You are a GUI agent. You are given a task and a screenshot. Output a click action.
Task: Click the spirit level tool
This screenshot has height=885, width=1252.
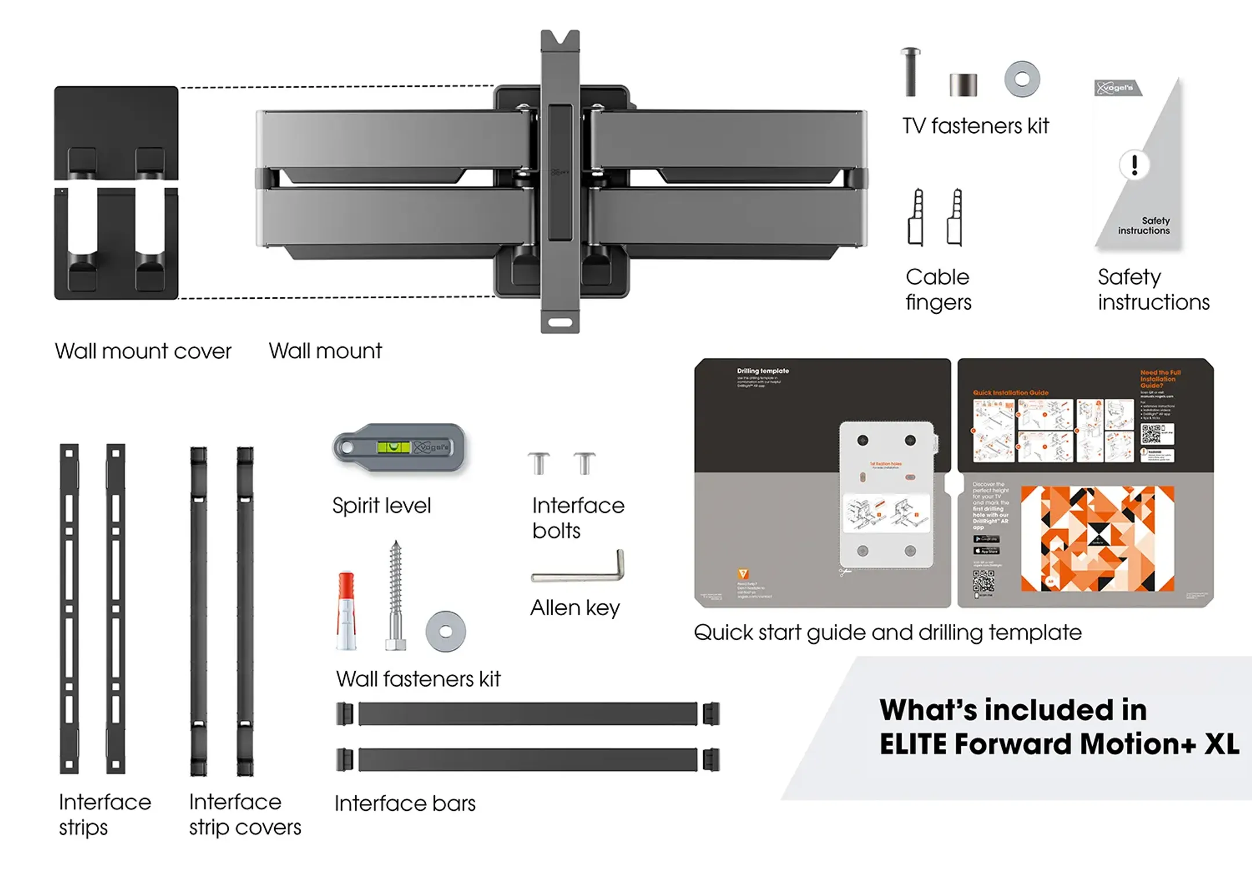coord(399,448)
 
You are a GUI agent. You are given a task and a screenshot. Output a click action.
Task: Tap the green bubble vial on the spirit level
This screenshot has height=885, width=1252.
coord(393,447)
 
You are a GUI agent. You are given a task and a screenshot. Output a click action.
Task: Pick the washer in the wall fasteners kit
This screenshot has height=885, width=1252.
coord(445,631)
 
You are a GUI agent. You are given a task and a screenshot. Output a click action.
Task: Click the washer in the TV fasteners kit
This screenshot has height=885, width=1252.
coord(1022,79)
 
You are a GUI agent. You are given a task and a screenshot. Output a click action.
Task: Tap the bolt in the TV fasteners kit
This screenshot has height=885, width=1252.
coord(911,72)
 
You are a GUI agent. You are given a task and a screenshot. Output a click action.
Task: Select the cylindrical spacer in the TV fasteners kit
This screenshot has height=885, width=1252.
coord(963,85)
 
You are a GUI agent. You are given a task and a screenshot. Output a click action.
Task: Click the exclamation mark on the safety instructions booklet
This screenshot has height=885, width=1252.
coord(1134,165)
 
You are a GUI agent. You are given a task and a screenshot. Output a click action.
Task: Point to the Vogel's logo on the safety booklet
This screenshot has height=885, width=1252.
coord(1117,88)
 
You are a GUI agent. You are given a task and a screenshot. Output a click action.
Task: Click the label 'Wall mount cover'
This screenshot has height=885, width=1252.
coord(143,351)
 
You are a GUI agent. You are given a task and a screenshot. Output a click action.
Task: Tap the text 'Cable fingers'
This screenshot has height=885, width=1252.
coord(938,290)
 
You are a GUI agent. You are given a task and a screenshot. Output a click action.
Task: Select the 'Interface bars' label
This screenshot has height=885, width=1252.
coord(405,803)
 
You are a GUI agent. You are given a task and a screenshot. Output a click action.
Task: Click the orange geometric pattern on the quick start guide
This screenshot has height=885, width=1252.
coord(1097,539)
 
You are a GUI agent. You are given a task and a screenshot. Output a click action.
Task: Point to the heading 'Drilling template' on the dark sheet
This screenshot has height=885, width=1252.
coord(763,371)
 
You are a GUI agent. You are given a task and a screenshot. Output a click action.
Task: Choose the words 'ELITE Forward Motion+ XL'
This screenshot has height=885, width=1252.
coord(1059,744)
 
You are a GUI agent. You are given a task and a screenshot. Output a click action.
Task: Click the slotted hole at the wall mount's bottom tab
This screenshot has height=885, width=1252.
coord(560,322)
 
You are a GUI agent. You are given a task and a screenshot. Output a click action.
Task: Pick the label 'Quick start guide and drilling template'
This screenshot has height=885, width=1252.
coord(887,632)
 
